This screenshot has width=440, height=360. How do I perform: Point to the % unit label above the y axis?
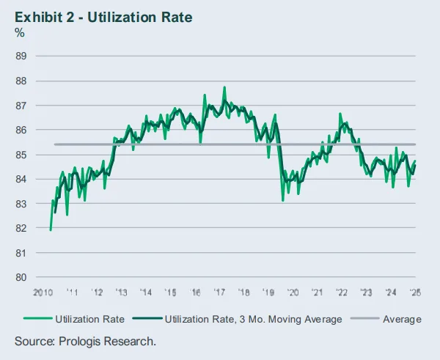pos(20,34)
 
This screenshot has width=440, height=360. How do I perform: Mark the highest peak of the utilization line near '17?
pos(224,87)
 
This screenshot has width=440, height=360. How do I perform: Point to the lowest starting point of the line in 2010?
pos(51,229)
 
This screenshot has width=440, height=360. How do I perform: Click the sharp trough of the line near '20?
pos(283,199)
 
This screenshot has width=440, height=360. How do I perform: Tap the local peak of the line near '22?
pos(340,114)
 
